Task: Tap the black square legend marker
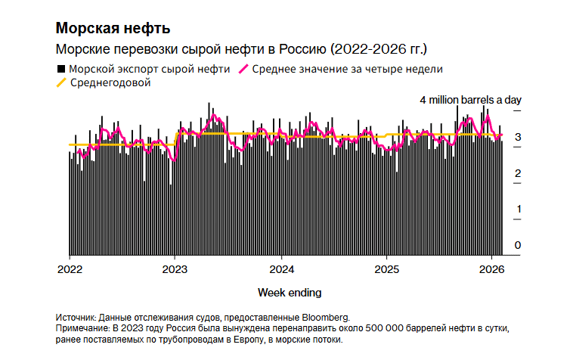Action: coord(60,68)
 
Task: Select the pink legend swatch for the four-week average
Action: coord(243,68)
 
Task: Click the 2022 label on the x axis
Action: coord(70,269)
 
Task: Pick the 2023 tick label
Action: coord(175,269)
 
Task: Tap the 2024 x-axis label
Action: coord(281,269)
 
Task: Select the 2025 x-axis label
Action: coord(387,269)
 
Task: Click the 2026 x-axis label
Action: coord(492,269)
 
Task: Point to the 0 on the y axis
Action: coord(517,245)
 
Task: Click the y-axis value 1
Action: coord(517,209)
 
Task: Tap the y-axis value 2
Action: coord(517,174)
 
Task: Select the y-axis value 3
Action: coord(517,138)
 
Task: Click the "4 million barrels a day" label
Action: coord(470,100)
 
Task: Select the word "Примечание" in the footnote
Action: coord(84,329)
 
